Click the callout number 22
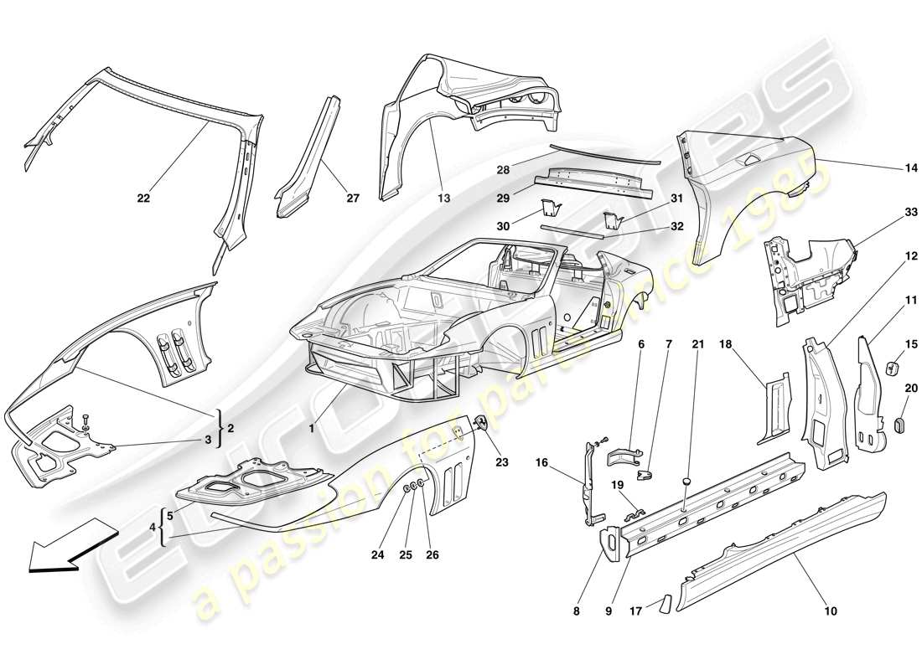[144, 198]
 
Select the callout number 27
[352, 198]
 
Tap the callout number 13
[443, 198]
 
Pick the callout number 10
[829, 611]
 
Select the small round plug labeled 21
[686, 482]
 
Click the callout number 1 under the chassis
[312, 428]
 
